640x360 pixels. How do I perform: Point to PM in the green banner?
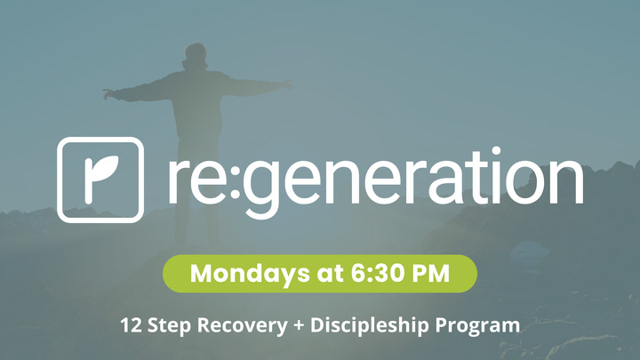420,274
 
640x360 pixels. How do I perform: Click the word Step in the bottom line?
169,325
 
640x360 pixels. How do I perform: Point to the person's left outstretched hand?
108,92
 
